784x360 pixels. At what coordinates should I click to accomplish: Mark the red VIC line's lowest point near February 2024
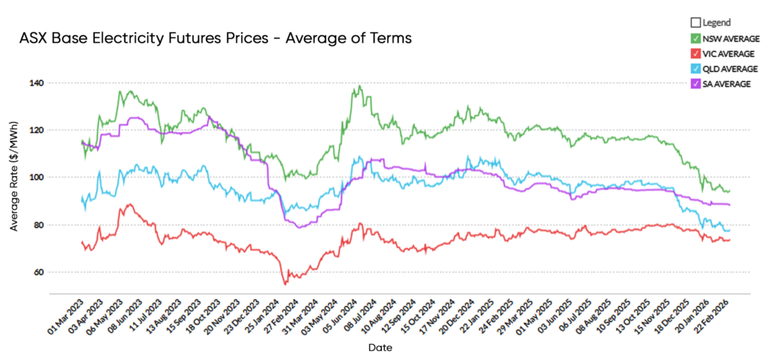[286, 284]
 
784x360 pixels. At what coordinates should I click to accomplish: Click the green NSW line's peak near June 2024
[360, 86]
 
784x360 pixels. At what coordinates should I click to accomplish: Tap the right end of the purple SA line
[730, 205]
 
